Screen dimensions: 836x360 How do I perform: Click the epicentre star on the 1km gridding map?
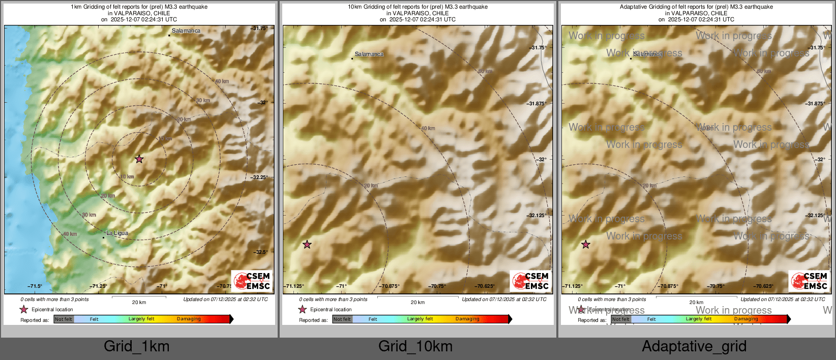pyautogui.click(x=139, y=159)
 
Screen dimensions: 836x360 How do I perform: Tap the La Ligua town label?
pyautogui.click(x=117, y=233)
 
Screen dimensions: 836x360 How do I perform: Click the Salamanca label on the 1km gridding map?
pyautogui.click(x=186, y=31)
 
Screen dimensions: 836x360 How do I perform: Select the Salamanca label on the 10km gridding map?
pyautogui.click(x=369, y=54)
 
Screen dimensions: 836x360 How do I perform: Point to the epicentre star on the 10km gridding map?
pyautogui.click(x=307, y=245)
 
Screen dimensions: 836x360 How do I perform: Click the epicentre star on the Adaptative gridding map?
pyautogui.click(x=586, y=245)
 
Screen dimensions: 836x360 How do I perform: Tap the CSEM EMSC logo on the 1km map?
pyautogui.click(x=252, y=281)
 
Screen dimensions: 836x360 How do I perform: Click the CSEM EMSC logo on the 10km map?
pyautogui.click(x=531, y=281)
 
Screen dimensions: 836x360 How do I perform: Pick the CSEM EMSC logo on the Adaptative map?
pyautogui.click(x=810, y=281)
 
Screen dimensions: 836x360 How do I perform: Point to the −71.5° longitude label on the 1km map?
pyautogui.click(x=35, y=286)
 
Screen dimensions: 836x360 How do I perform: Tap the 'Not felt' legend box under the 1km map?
pyautogui.click(x=64, y=319)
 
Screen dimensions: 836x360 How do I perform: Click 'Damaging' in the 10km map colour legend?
pyautogui.click(x=467, y=319)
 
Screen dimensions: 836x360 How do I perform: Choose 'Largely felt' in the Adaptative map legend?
pyautogui.click(x=699, y=319)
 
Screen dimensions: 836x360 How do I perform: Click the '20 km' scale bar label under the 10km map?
pyautogui.click(x=417, y=303)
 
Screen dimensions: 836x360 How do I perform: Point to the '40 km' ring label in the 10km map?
pyautogui.click(x=428, y=129)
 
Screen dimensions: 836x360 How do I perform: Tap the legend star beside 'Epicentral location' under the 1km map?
pyautogui.click(x=24, y=309)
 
